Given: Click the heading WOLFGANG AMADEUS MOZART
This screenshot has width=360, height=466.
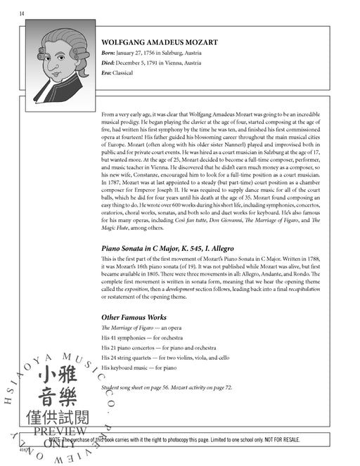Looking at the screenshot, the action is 160,42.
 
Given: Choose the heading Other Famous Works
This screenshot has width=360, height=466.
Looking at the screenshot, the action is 134,317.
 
